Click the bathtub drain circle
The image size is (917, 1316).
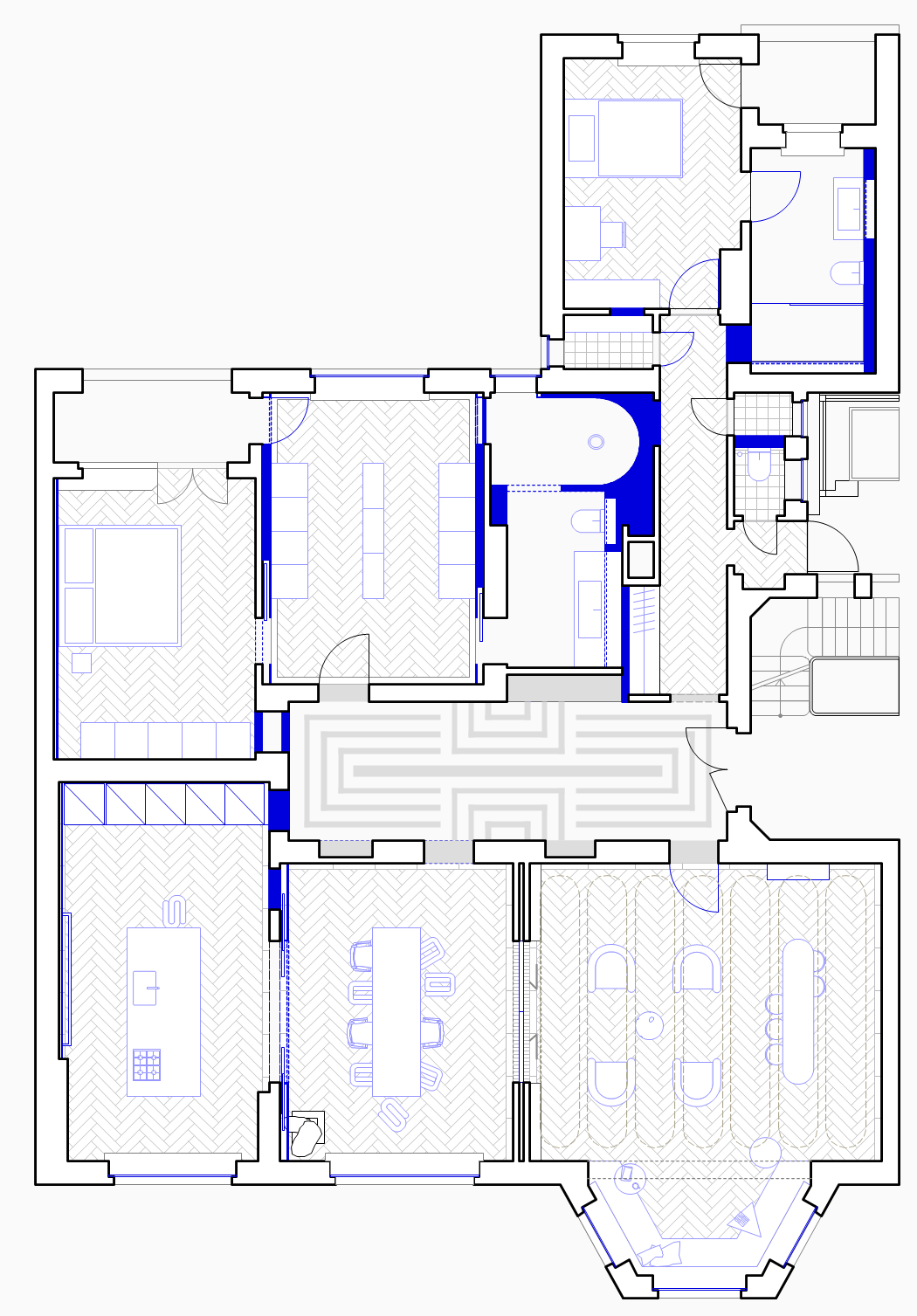coord(596,442)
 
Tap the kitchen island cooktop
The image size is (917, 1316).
coord(147,1065)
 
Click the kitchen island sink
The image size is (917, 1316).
coord(145,988)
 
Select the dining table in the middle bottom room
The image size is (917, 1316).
coord(396,1011)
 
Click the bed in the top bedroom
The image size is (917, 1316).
coord(639,138)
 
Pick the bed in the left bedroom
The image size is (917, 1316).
coord(137,584)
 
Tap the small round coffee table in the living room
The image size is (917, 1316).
coord(649,1024)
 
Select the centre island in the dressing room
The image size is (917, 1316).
coord(373,530)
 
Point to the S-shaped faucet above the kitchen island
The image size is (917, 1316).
coord(175,911)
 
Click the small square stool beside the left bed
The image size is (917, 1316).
coord(81,663)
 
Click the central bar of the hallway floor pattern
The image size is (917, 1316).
coord(507,771)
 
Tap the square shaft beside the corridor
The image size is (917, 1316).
coord(640,561)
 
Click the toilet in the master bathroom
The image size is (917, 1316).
coord(585,522)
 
